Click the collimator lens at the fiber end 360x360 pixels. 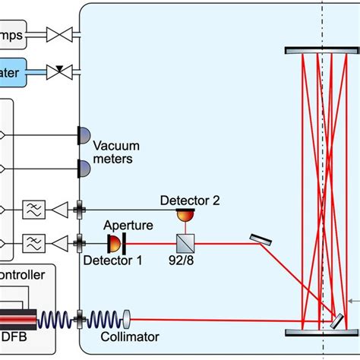tap(125, 314)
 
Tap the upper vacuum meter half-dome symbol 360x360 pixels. tap(83, 135)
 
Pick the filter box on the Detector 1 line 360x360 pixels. tap(33, 244)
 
